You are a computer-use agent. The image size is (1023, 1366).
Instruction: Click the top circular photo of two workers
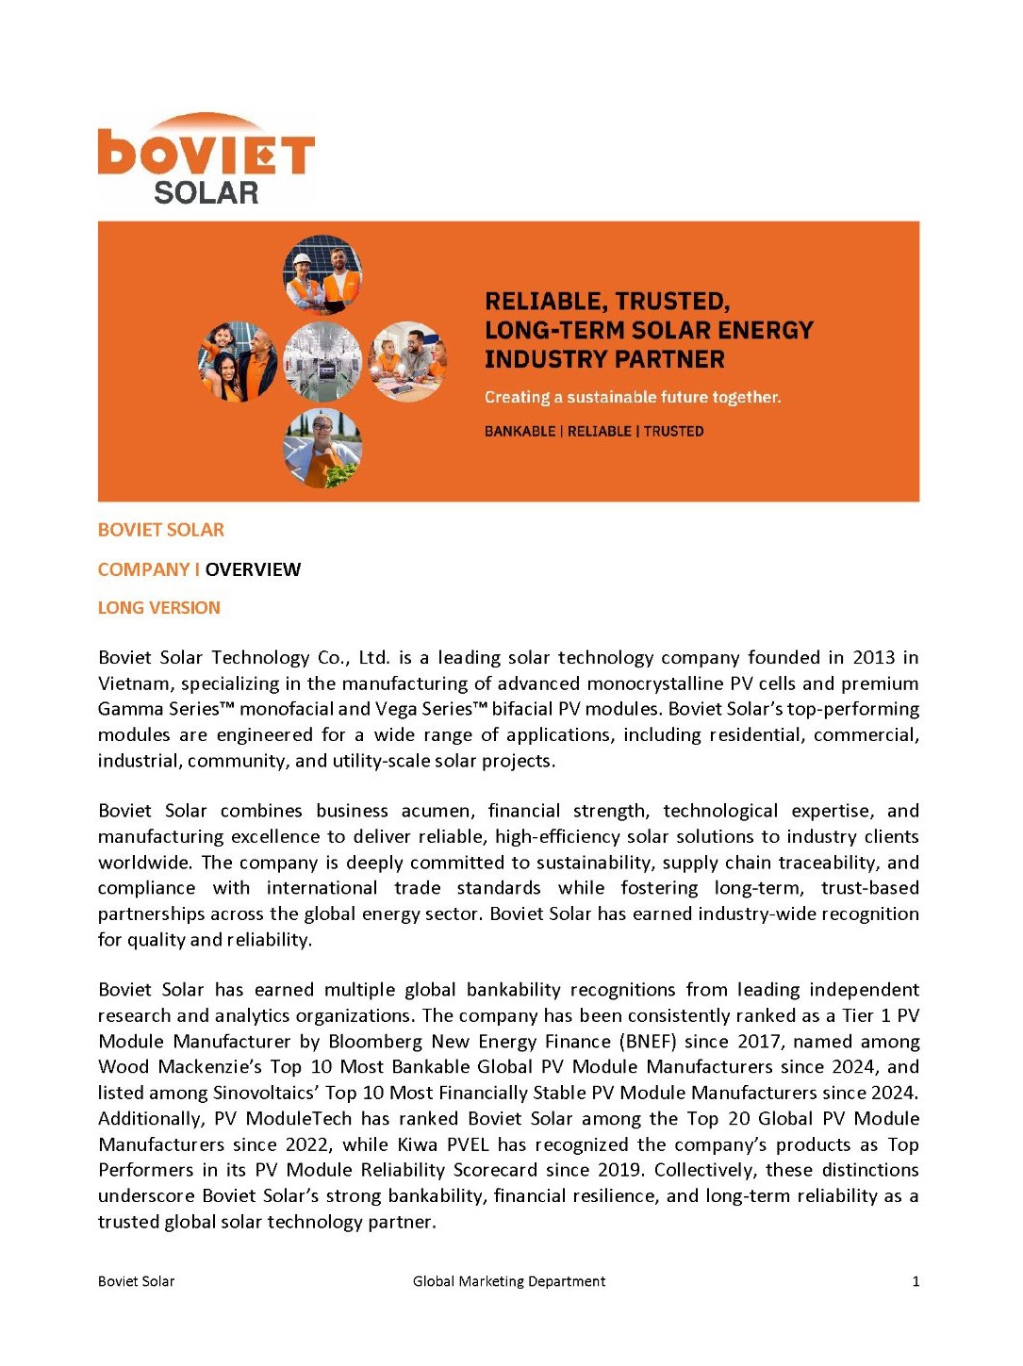pos(322,274)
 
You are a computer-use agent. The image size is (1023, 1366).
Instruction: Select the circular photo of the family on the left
pos(238,361)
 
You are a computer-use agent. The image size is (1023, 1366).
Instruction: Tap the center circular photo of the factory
pos(322,361)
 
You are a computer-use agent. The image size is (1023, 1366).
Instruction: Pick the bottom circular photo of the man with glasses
pos(322,448)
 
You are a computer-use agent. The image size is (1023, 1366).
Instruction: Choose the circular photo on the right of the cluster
pos(408,361)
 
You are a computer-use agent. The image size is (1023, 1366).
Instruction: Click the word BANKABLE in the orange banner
pos(520,432)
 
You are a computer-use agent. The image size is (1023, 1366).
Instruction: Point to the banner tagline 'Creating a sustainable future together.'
pos(632,397)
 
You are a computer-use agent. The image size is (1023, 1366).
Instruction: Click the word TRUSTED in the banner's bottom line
pos(673,432)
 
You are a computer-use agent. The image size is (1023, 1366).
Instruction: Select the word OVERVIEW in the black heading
pos(253,569)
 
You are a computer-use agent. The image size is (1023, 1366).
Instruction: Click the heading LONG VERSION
pos(158,608)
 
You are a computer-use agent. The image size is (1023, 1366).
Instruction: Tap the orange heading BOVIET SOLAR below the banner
pos(160,530)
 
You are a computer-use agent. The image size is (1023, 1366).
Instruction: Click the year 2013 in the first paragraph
pos(873,657)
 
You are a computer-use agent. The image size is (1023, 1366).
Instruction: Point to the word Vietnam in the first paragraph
pos(132,683)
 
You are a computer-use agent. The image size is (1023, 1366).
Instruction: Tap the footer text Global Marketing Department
pos(509,1281)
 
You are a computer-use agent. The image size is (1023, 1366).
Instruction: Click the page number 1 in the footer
pos(916,1281)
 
